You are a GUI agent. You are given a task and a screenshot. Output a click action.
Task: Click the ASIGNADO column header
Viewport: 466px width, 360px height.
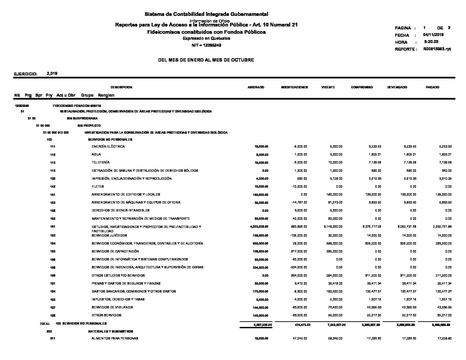point(256,87)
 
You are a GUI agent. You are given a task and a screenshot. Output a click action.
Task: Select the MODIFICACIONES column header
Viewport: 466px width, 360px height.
point(294,87)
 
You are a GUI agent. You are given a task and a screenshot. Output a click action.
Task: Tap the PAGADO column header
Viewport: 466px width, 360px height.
point(432,87)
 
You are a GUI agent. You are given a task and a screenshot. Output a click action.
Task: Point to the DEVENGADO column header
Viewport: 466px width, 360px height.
point(397,87)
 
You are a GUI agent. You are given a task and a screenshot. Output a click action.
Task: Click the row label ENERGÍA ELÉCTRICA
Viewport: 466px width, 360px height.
point(108,147)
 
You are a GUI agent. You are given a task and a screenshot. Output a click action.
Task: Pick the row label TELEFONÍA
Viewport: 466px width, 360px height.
point(101,162)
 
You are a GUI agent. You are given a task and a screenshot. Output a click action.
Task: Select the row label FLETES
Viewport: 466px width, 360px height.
point(98,187)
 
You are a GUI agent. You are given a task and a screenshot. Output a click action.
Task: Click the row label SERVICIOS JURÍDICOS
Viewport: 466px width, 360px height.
point(109,236)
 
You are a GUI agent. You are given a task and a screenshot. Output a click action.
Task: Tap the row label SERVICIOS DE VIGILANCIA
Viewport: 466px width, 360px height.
point(112,307)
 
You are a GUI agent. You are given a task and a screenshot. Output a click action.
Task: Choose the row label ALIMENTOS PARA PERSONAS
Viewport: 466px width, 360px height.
point(115,338)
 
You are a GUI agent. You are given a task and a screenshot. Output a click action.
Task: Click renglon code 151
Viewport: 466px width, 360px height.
point(53,195)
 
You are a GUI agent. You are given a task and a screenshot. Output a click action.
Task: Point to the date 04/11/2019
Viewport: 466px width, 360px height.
point(433,35)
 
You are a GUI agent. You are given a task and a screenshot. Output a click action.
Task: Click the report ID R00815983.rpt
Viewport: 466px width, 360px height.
point(437,49)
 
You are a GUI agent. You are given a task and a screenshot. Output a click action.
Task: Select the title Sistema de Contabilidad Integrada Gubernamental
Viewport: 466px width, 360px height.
point(206,14)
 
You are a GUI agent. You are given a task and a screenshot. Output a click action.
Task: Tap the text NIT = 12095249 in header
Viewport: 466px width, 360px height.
point(206,45)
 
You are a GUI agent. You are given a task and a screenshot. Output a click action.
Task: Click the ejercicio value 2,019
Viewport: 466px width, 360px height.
point(52,73)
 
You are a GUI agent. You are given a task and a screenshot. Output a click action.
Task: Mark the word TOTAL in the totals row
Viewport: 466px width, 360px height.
point(45,324)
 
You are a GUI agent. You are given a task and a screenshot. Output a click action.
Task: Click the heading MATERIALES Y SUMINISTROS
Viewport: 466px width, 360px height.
point(111,331)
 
